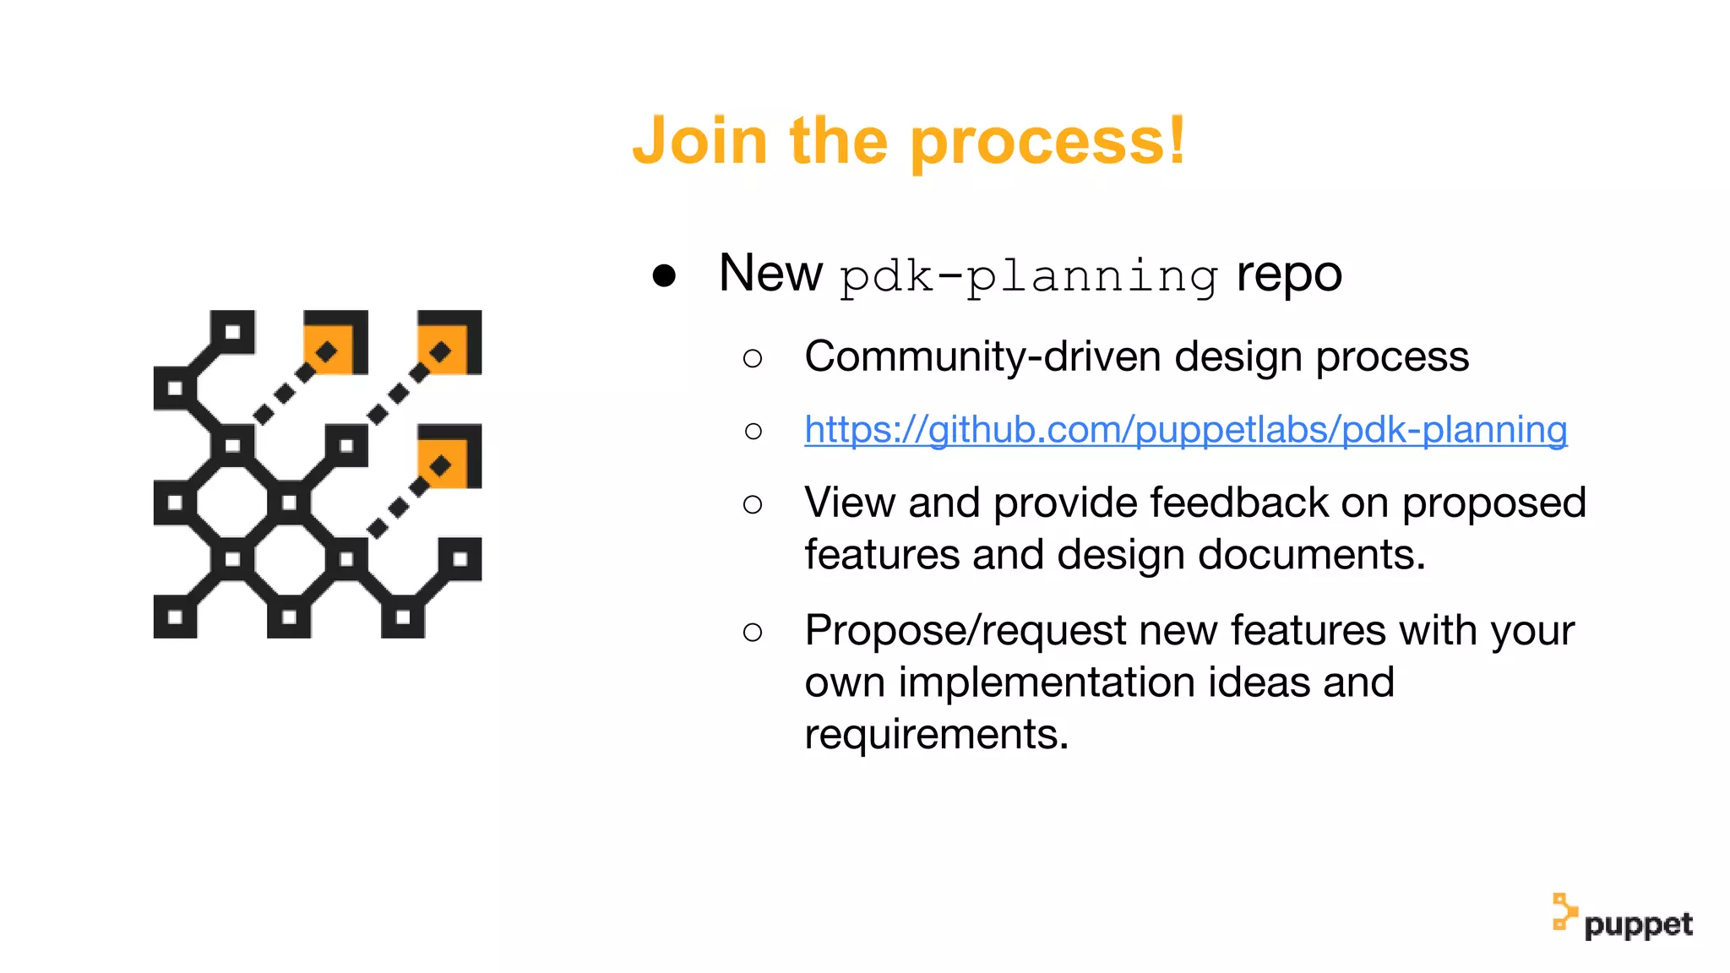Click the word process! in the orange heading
(x=1048, y=142)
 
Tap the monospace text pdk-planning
(x=1029, y=276)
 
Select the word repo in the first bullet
(x=1289, y=275)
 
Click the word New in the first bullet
(x=770, y=273)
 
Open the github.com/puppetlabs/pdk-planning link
(x=1185, y=430)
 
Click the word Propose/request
(x=966, y=631)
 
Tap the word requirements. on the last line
(x=936, y=734)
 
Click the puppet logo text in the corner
(x=1638, y=925)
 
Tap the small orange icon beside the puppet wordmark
(x=1564, y=912)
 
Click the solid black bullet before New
(x=664, y=275)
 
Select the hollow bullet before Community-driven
(x=753, y=358)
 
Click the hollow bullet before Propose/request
(x=753, y=632)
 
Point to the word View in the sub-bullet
(x=850, y=503)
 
